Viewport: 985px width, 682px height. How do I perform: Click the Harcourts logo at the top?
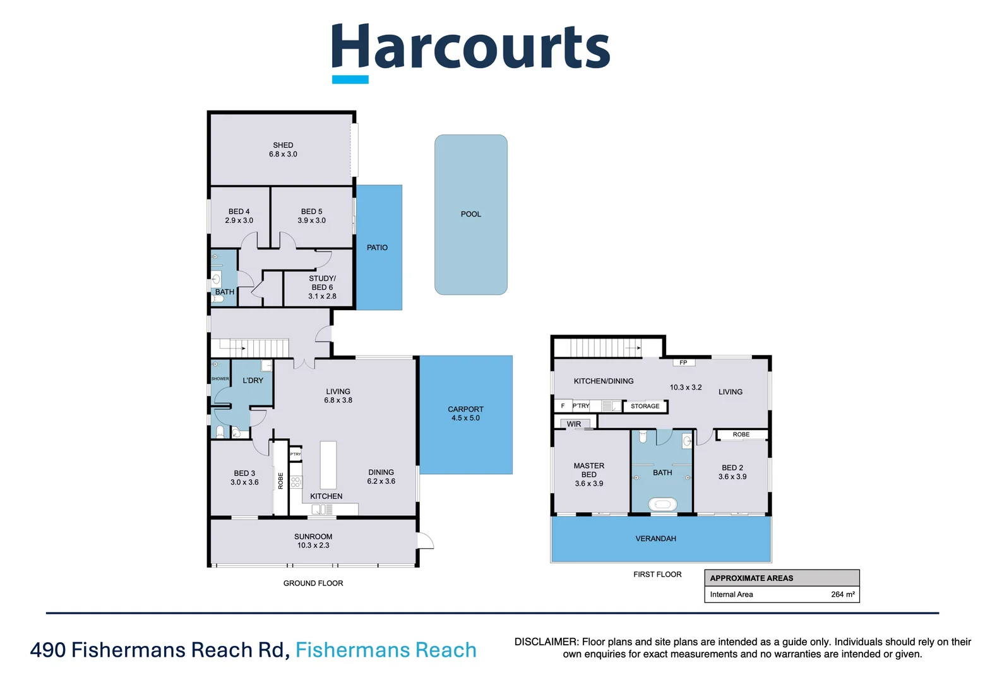click(x=470, y=51)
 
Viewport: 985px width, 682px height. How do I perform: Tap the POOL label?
click(x=470, y=214)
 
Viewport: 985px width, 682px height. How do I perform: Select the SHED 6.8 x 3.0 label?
click(x=283, y=150)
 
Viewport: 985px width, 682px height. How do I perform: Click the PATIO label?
click(x=377, y=248)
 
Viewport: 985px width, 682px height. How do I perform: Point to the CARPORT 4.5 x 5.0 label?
click(x=465, y=414)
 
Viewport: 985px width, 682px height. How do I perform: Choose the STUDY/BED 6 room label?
click(x=322, y=287)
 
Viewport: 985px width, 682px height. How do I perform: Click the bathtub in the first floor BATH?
click(x=662, y=505)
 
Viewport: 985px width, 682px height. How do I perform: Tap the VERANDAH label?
click(x=655, y=539)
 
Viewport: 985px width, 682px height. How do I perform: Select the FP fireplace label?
click(x=683, y=362)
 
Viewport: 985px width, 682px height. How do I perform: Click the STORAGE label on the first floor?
click(x=645, y=406)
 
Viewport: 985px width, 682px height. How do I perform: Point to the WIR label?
click(x=573, y=424)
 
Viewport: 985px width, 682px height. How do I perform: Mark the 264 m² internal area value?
click(x=842, y=594)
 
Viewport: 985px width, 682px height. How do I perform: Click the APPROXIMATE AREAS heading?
click(x=751, y=578)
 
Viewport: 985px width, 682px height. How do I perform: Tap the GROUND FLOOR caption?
click(x=313, y=583)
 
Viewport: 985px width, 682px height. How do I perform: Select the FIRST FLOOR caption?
click(x=657, y=575)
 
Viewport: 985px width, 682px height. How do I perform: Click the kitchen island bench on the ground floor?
click(x=328, y=465)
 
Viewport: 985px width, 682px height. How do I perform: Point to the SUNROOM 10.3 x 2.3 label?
click(x=313, y=541)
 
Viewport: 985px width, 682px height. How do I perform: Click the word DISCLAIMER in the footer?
click(x=546, y=642)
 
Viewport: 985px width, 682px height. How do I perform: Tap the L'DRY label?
click(x=253, y=381)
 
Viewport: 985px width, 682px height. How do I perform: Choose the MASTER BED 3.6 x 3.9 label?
click(x=588, y=474)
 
